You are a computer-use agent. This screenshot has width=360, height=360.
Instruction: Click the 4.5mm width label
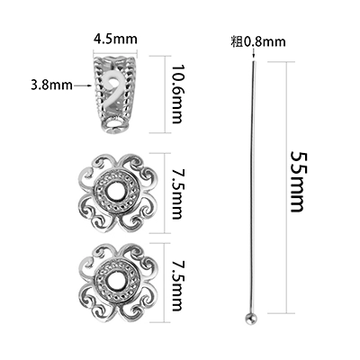pos(115,39)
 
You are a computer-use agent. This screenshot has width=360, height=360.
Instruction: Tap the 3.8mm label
pos(51,85)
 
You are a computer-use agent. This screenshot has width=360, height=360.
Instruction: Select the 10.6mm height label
pos(177,94)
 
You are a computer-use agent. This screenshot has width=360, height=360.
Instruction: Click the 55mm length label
pos(298,182)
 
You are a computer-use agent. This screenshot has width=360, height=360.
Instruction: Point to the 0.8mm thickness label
pos(264,41)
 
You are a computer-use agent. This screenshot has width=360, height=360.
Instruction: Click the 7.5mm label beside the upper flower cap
pos(177,193)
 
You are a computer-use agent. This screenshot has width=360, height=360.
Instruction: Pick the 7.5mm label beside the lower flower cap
pos(177,287)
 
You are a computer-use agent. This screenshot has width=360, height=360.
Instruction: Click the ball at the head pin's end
pos(250,319)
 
